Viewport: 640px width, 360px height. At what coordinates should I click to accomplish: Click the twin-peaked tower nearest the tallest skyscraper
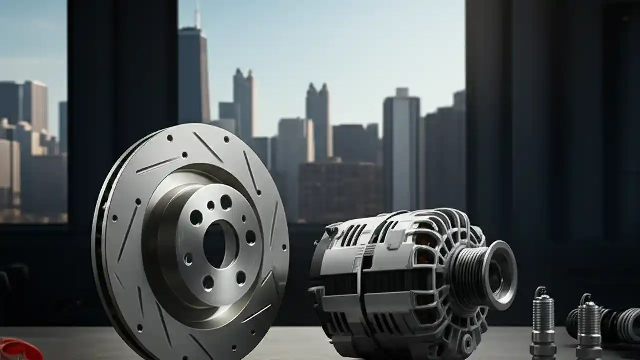[243, 105]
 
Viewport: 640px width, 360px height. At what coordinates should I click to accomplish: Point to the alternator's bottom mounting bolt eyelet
[467, 343]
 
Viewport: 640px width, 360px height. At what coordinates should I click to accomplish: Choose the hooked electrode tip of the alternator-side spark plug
[540, 291]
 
